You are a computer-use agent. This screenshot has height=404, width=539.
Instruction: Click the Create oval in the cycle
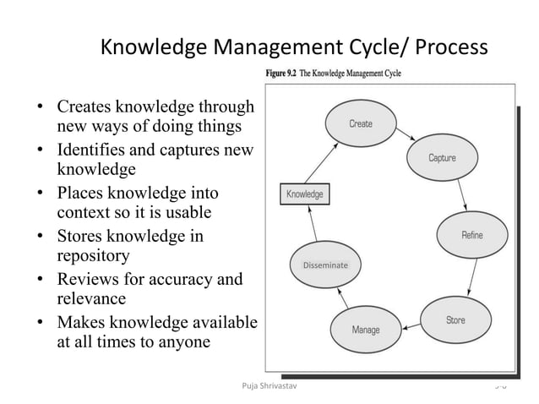pos(361,124)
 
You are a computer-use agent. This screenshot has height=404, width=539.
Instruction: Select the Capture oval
pos(442,158)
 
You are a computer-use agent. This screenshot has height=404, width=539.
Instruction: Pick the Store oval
pos(455,320)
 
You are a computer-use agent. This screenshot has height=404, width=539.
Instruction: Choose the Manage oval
pos(366,329)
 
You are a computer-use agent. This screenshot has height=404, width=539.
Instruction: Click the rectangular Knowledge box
pos(305,194)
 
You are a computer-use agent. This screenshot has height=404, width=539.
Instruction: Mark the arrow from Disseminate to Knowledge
pos(311,224)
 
